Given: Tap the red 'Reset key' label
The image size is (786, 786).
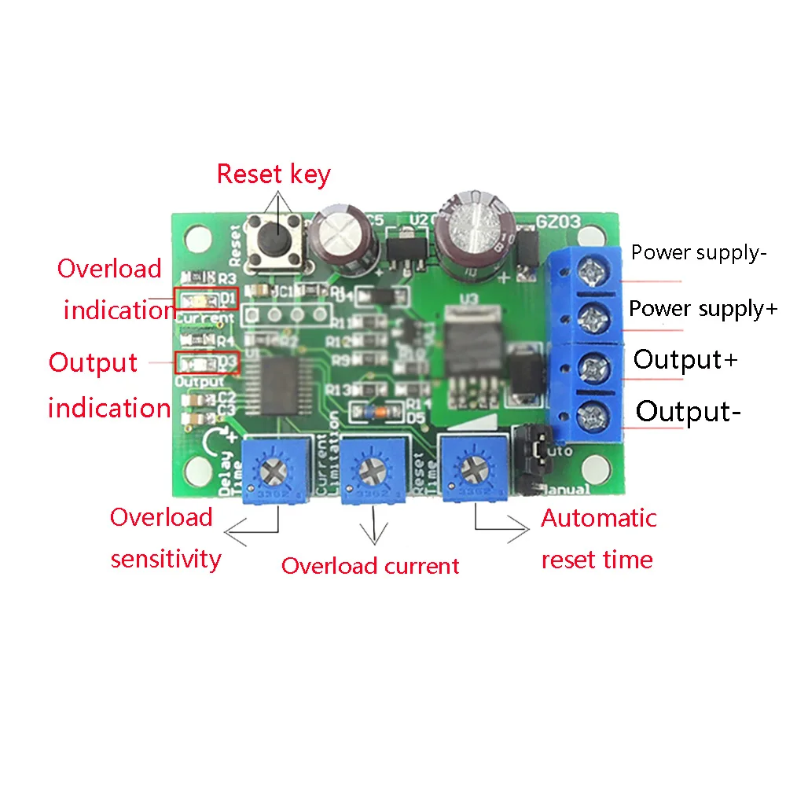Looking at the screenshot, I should (274, 174).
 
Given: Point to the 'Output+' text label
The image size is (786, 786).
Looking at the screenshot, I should (686, 359).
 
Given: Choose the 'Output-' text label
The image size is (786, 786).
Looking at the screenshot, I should (688, 411).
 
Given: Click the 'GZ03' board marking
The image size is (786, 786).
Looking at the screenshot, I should (558, 222).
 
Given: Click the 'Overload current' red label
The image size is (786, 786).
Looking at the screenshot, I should (370, 566).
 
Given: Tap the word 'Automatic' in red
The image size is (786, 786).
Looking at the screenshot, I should (599, 519).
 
